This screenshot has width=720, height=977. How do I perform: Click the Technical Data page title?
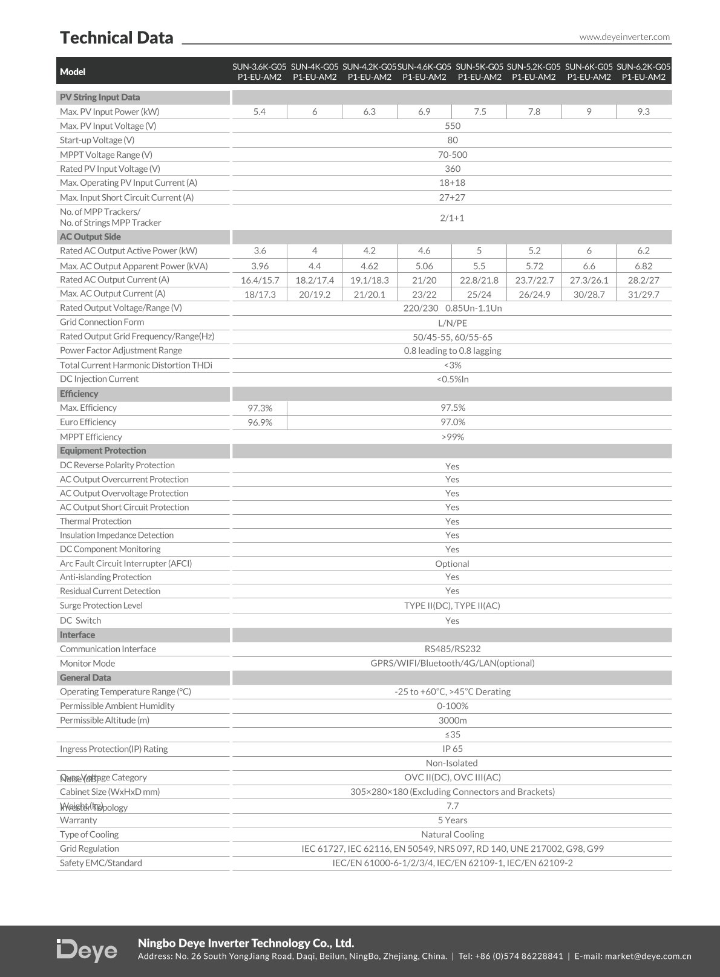pos(116,38)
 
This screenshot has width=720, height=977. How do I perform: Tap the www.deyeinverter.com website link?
pos(624,37)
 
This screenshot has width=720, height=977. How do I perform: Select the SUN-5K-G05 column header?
pos(479,71)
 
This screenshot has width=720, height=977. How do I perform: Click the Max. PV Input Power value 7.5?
pos(480,112)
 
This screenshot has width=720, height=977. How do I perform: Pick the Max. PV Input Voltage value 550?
pos(452,126)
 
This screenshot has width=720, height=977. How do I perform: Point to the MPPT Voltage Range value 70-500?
pos(452,155)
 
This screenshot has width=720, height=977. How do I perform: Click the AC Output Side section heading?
pos(90,237)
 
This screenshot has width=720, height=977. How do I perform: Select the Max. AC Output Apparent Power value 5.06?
pos(424,266)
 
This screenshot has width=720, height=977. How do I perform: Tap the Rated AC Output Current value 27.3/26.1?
pos(589,280)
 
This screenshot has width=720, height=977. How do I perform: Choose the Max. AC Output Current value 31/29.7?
pos(643,295)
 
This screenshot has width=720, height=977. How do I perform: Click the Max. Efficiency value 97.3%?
pos(260,408)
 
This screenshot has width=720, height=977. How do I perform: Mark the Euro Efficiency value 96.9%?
pos(260,422)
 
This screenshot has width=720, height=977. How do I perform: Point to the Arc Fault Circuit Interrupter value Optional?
pos(452,564)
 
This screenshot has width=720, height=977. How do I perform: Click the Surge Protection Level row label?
pos(101,606)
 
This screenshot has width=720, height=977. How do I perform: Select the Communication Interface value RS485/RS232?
pos(452,649)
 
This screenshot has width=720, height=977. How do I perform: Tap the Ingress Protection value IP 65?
pos(452,749)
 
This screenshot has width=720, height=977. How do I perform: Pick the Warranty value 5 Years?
pos(452,820)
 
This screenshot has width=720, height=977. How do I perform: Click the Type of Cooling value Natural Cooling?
pos(452,835)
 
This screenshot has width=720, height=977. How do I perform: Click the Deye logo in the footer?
pos(87,950)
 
